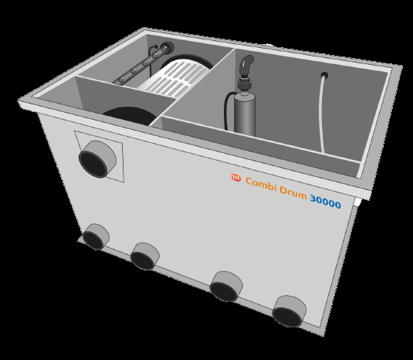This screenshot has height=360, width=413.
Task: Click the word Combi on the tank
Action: click(261, 184)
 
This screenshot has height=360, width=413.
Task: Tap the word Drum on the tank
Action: click(293, 192)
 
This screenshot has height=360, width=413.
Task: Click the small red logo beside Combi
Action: click(236, 177)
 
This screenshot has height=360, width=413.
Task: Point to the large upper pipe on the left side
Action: click(97, 159)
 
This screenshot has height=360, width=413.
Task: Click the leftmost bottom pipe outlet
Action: click(96, 236)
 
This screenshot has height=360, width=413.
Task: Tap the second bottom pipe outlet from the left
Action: click(144, 256)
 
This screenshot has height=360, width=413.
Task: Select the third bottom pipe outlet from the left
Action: click(226, 287)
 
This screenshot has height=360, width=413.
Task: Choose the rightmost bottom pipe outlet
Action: click(289, 311)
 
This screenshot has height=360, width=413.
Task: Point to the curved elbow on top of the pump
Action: click(246, 66)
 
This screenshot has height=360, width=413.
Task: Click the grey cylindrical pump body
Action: click(245, 114)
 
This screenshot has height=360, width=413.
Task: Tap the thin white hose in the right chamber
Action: click(321, 114)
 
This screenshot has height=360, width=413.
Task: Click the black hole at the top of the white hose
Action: click(324, 76)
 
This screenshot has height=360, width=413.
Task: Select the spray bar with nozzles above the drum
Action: click(142, 64)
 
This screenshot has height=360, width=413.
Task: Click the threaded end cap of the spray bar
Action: click(168, 47)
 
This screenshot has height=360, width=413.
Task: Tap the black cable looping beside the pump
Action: click(228, 110)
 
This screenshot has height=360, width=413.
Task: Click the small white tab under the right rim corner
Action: click(357, 202)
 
